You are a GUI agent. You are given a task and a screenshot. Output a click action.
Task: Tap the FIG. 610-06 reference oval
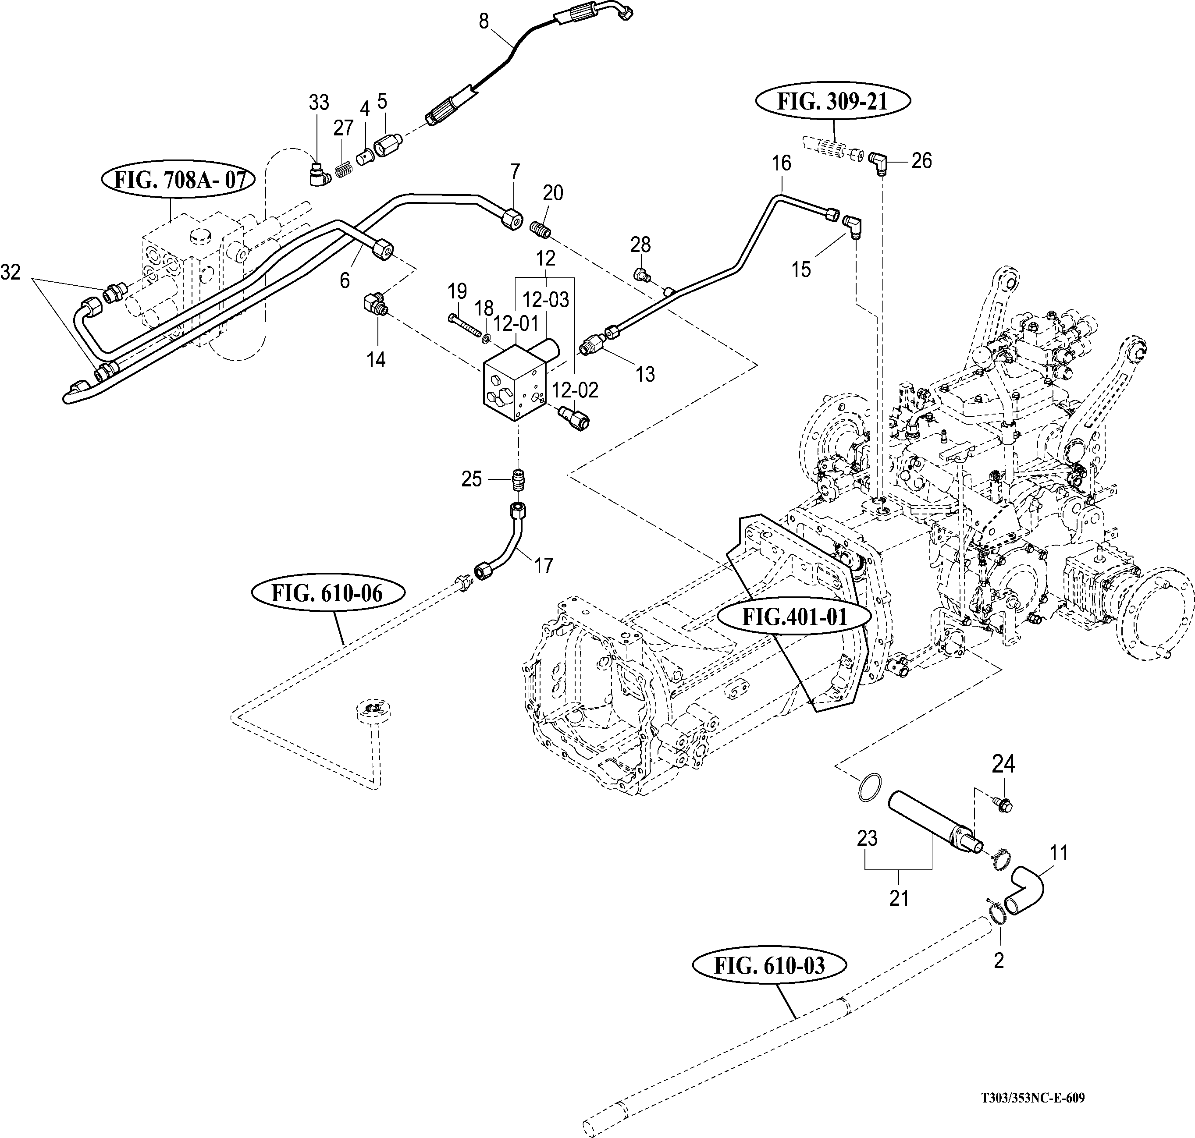(327, 592)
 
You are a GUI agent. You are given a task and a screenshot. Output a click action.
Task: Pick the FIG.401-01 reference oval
(794, 617)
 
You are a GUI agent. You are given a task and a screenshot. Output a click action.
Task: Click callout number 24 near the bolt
(1003, 764)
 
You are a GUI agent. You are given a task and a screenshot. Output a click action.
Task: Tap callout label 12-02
(575, 390)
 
